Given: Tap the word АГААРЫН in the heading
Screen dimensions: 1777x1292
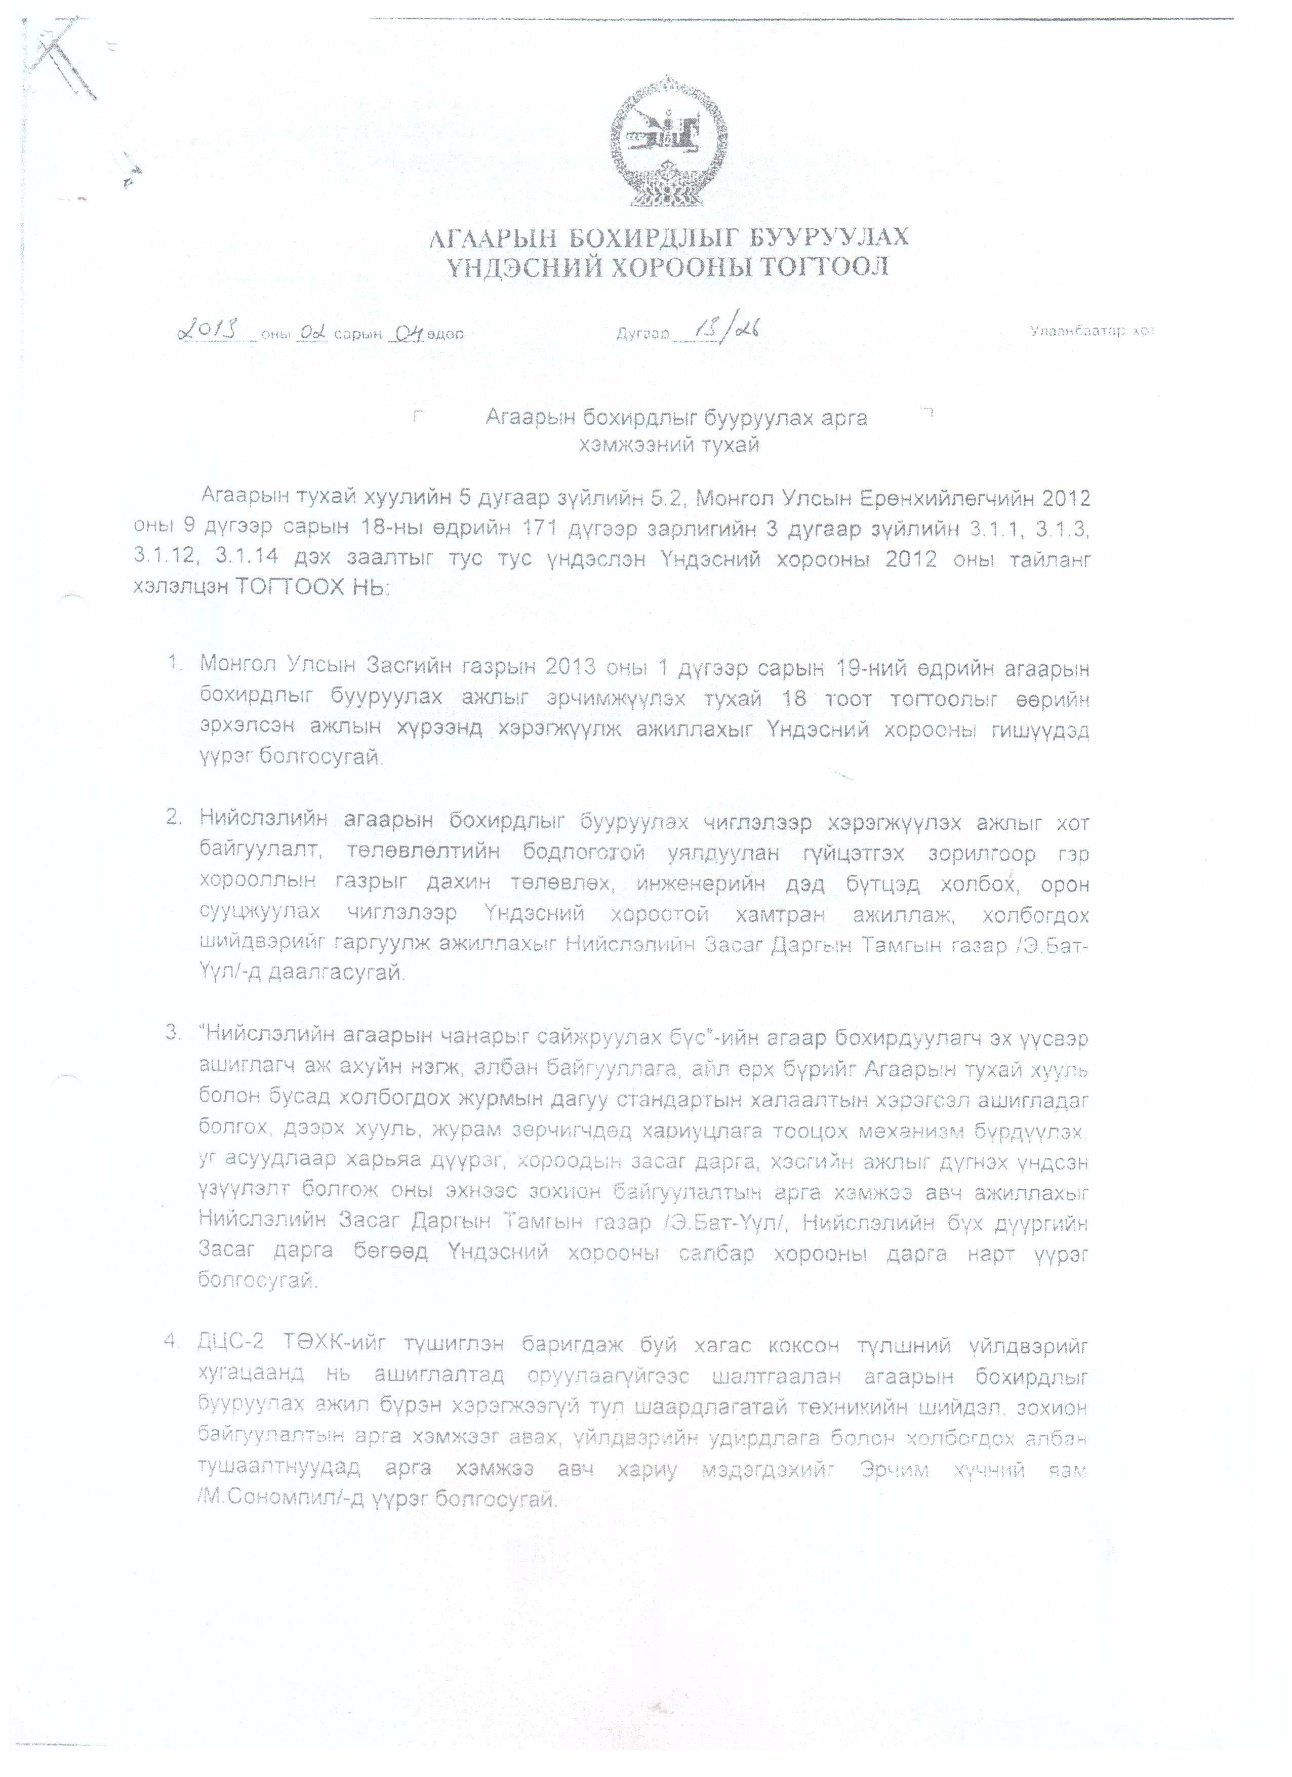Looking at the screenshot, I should click(492, 236).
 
